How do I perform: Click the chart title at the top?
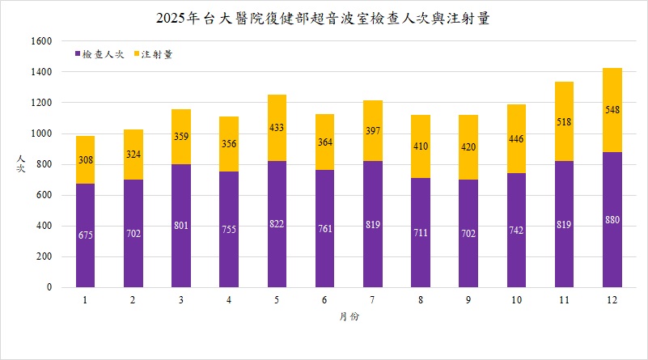tap(324, 18)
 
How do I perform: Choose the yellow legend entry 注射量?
tap(156, 54)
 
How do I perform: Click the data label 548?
tap(612, 109)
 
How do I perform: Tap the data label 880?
tap(612, 220)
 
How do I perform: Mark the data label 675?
tap(86, 235)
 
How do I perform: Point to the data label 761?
tap(325, 228)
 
